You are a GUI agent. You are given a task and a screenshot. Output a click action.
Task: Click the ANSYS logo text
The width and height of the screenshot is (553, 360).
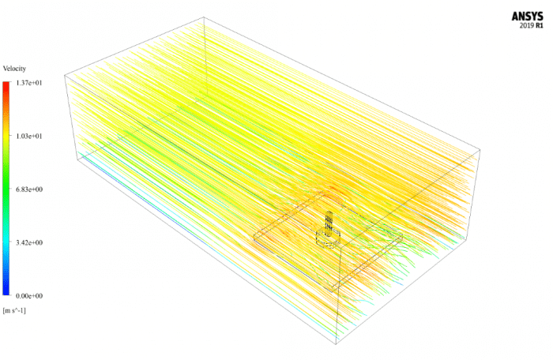pyautogui.click(x=527, y=17)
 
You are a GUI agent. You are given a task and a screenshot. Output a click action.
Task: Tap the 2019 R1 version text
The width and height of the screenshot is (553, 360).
pyautogui.click(x=531, y=25)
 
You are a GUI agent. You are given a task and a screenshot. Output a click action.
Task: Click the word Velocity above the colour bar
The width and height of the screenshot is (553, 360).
pyautogui.click(x=14, y=69)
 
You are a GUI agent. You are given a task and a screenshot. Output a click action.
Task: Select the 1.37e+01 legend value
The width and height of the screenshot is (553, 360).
pyautogui.click(x=29, y=83)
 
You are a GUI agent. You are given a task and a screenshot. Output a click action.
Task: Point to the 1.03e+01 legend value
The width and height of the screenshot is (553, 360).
pyautogui.click(x=29, y=136)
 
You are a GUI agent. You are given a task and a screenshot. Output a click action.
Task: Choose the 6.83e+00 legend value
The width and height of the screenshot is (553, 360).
pyautogui.click(x=29, y=189)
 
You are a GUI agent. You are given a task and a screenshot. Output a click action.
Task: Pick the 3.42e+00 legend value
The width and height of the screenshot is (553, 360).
pyautogui.click(x=29, y=242)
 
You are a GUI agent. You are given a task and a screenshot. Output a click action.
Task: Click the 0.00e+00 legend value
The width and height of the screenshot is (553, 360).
pyautogui.click(x=29, y=296)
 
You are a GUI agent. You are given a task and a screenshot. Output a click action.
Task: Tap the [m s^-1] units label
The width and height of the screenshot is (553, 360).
pyautogui.click(x=14, y=310)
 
